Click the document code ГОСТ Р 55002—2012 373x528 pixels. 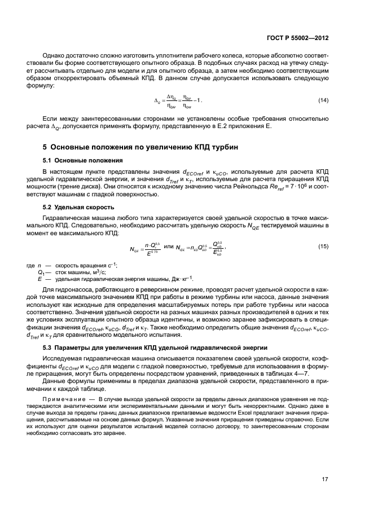[x=297, y=38]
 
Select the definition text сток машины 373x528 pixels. [x=72, y=271]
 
